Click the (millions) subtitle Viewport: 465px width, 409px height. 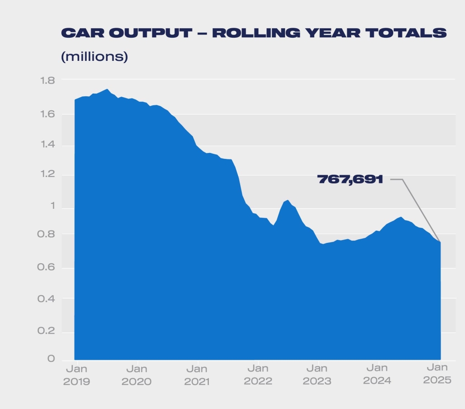[x=94, y=57]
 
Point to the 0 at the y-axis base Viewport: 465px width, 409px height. [x=51, y=359]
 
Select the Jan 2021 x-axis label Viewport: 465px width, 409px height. [x=197, y=375]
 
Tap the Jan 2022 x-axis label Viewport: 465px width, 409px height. [x=257, y=375]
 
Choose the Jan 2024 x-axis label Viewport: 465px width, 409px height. [x=377, y=375]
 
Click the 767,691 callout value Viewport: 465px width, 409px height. [x=350, y=179]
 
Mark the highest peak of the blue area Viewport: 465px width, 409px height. [x=107, y=89]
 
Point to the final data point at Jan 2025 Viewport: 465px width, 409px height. [x=440, y=242]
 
